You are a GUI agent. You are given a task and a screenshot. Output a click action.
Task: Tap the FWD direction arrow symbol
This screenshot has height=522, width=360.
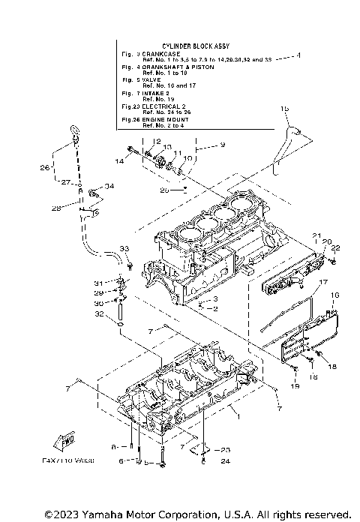click(x=64, y=442)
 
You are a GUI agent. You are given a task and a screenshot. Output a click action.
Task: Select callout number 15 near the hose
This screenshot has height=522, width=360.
click(x=284, y=109)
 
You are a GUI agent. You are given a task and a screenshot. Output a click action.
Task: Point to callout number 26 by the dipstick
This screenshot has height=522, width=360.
click(x=44, y=167)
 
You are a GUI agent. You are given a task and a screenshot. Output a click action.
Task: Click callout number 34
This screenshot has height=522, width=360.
click(x=109, y=186)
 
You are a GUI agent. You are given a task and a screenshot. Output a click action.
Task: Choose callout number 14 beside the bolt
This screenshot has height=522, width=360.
click(x=119, y=160)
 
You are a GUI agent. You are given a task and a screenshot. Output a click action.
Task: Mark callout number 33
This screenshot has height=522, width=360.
click(x=124, y=249)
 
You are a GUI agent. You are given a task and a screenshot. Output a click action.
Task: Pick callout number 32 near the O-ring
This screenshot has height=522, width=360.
click(x=100, y=315)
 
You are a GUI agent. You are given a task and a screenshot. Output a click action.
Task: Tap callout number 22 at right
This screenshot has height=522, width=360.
click(x=335, y=248)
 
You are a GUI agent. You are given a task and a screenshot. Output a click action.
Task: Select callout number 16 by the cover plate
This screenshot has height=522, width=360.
click(x=335, y=295)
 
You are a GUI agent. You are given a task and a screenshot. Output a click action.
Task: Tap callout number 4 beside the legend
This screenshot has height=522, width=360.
click(x=298, y=56)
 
